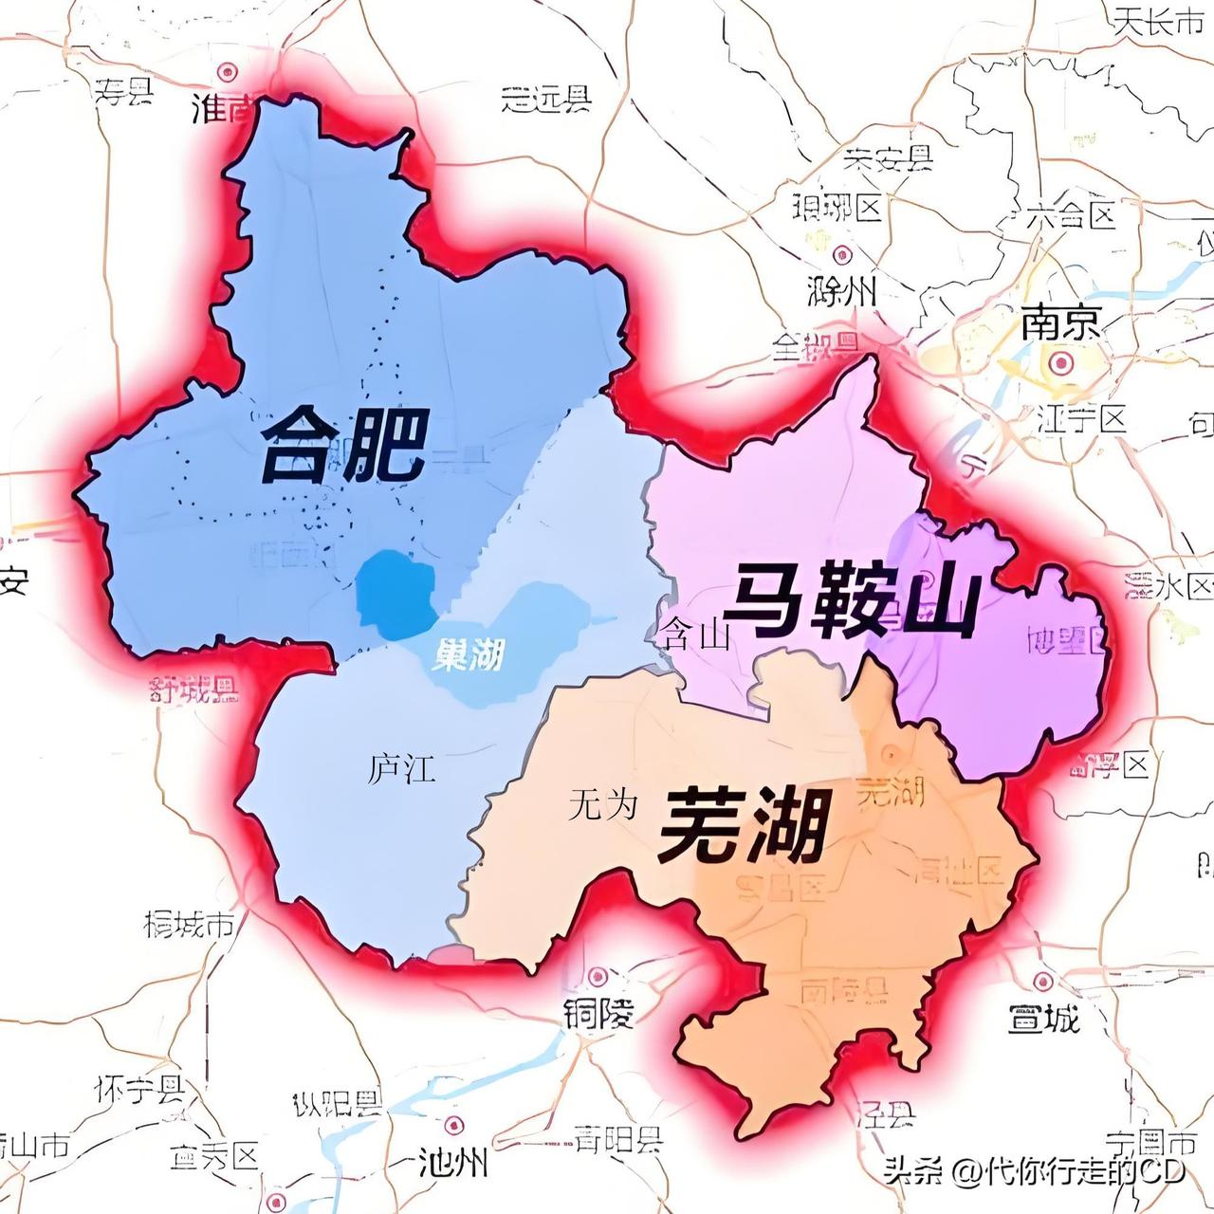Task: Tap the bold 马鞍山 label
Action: (851, 602)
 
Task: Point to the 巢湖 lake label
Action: (467, 653)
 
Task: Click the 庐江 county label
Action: (402, 768)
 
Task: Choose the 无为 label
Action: (603, 806)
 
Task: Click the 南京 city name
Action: (1061, 324)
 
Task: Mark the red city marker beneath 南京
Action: (1060, 362)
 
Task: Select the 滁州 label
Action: (840, 291)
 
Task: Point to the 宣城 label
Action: (1043, 1020)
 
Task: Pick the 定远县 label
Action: (546, 98)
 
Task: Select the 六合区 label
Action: (1072, 214)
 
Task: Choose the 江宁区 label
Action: (1082, 417)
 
